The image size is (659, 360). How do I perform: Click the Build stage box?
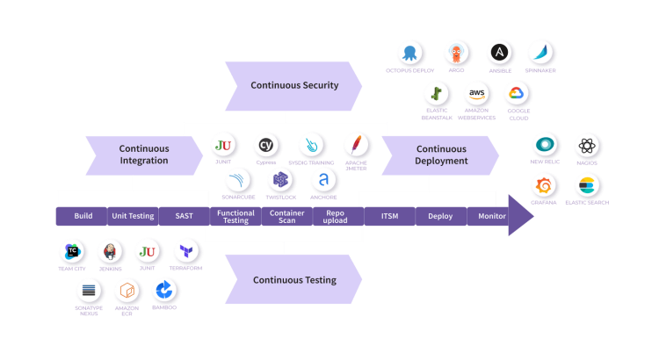(x=83, y=216)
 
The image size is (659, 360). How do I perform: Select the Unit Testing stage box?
(x=133, y=216)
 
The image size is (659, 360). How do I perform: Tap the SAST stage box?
(x=184, y=216)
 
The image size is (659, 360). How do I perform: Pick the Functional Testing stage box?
(x=235, y=217)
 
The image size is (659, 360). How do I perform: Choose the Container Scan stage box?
(x=287, y=217)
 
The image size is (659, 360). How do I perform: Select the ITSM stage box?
(x=389, y=216)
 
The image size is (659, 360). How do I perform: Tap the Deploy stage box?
(x=440, y=216)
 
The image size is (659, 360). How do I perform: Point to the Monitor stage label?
(x=492, y=216)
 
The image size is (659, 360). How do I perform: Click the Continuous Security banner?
(x=294, y=85)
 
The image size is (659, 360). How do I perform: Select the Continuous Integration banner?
(x=143, y=155)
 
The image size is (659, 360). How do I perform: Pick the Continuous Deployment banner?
(x=441, y=155)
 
